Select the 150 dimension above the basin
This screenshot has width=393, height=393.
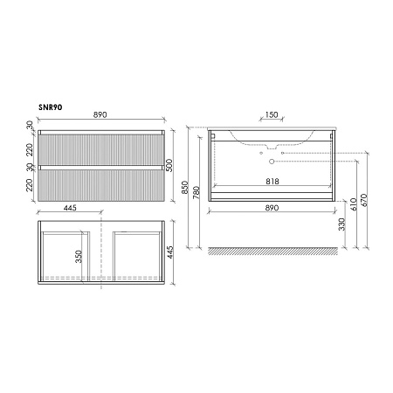tap(272, 114)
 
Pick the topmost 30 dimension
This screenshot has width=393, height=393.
tap(31, 127)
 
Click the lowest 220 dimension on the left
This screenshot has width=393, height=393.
tap(31, 185)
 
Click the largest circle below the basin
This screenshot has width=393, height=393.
tap(272, 162)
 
